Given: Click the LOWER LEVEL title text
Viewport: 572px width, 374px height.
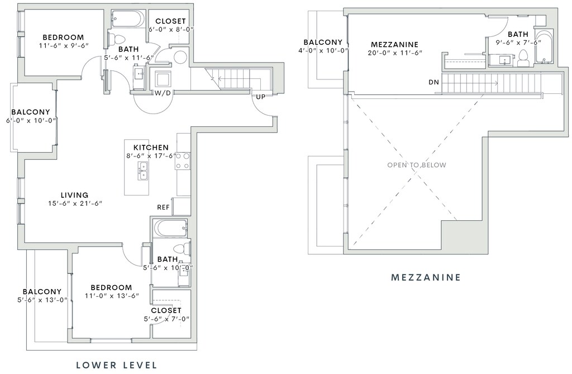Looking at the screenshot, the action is coord(116,365).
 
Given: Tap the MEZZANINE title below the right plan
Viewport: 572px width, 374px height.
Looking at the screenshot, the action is coord(426,277).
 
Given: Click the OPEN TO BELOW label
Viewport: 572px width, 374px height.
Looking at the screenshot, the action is coord(417,165).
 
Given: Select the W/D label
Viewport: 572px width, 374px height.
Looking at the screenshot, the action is coord(163,93).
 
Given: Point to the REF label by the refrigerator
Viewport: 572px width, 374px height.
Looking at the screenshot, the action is coord(163,207).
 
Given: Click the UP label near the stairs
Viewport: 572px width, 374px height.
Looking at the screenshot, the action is coord(261,97).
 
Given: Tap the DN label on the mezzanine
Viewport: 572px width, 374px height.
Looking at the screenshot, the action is coord(433,82).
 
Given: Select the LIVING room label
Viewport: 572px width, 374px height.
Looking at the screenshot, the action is coord(74,195).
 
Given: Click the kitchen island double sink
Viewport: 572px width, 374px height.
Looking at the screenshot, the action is coord(143,171).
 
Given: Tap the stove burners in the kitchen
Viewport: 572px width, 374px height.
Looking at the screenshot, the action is coord(183,161).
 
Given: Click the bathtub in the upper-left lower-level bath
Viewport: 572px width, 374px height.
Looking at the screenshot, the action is coord(128,19).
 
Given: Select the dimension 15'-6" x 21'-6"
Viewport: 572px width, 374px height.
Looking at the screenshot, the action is coord(75,203).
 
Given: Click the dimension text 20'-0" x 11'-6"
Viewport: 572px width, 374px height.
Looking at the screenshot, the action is coord(394,53).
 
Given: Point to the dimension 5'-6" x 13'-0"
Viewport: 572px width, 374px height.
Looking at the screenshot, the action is coord(42,300).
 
